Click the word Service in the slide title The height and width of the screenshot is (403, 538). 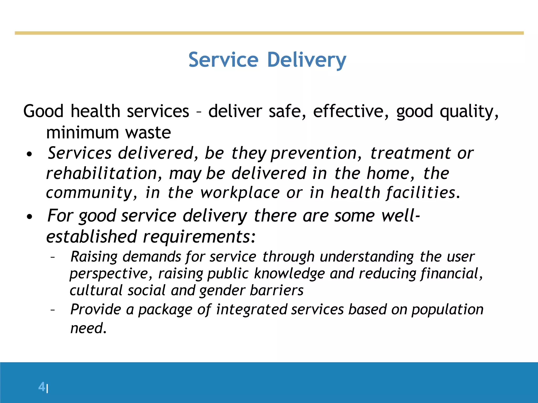(x=223, y=60)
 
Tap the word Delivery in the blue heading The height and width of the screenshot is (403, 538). (x=307, y=60)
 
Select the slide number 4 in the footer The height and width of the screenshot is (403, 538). (x=42, y=387)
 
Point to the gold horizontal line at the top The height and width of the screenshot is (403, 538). (x=269, y=33)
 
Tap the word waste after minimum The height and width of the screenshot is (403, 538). (x=148, y=132)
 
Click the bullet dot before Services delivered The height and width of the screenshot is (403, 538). (x=29, y=154)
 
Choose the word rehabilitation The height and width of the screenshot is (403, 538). (x=102, y=173)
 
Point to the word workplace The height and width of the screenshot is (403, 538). (x=240, y=193)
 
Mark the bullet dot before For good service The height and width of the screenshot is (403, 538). (x=29, y=217)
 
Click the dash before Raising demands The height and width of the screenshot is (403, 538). (x=53, y=257)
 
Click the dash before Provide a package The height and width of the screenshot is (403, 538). (x=53, y=310)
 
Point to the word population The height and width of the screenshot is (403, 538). (x=447, y=310)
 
